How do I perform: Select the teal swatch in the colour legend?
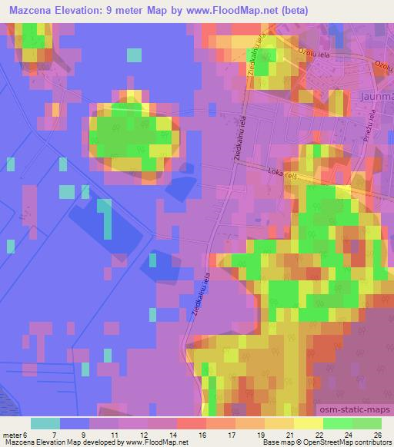point(45,423)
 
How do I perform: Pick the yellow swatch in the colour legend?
point(309,423)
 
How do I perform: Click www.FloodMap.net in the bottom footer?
point(146,442)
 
